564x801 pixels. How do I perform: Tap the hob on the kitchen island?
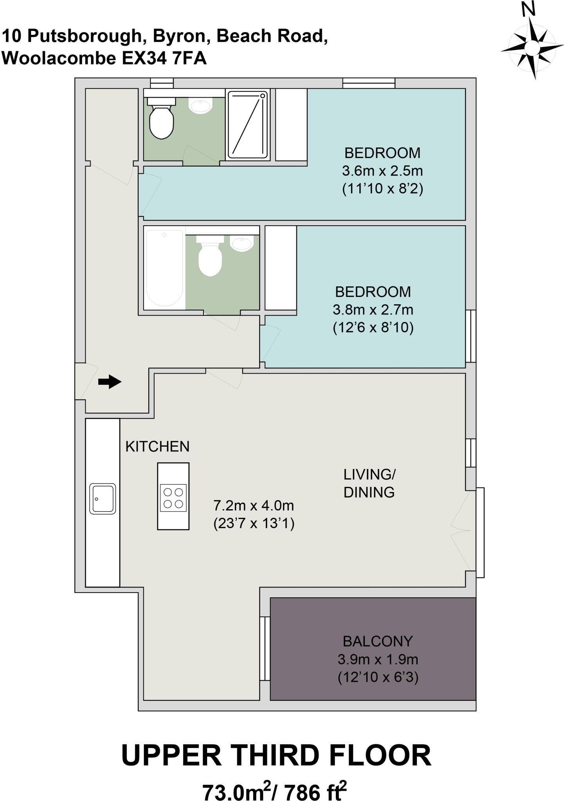[x=173, y=498]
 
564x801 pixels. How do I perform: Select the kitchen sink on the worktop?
[x=103, y=498]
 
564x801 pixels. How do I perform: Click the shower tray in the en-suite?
[x=247, y=124]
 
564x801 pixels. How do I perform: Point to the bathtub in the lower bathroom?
[x=164, y=268]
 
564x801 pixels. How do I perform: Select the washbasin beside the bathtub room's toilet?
[x=242, y=244]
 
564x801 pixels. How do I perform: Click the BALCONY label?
[x=378, y=641]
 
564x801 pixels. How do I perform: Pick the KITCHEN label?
[x=157, y=446]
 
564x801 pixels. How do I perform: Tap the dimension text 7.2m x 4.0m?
[x=253, y=506]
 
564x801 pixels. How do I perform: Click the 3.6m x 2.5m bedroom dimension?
[x=382, y=171]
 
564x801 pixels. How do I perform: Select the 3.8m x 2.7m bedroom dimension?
[x=373, y=310]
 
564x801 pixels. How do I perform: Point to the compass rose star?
[x=532, y=48]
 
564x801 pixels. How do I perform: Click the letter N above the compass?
[x=528, y=9]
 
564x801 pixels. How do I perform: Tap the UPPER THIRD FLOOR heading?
[x=276, y=756]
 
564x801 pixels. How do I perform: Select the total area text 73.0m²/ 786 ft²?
[x=274, y=791]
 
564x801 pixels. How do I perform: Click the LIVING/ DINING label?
[x=369, y=483]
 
